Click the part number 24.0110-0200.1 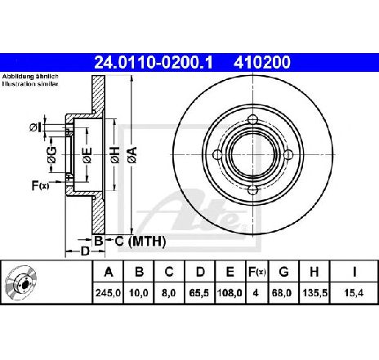154,62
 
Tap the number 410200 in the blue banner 262,62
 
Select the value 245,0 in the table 108,293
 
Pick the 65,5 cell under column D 200,293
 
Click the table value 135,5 314,293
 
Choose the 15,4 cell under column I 354,293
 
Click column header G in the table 283,272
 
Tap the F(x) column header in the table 256,272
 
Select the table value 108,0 230,293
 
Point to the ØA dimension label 133,154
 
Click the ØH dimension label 115,154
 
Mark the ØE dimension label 87,155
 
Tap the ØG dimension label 51,154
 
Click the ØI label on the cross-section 35,127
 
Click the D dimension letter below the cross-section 85,251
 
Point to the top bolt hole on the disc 252,119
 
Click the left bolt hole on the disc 217,155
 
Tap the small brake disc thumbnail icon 21,283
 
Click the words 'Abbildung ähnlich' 30,77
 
